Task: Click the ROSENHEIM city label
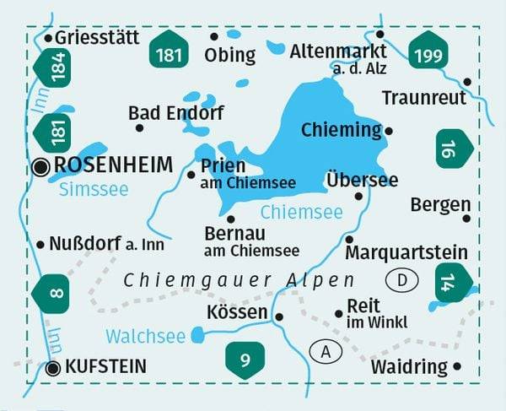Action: click(112, 165)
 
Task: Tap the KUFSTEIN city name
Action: click(105, 367)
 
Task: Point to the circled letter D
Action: click(402, 279)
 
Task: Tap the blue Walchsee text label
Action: click(145, 336)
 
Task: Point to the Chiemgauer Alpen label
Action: click(239, 280)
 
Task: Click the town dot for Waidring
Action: click(458, 366)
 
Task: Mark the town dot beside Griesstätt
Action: click(48, 38)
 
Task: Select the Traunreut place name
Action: click(423, 98)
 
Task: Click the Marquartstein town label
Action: click(406, 251)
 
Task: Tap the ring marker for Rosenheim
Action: click(40, 166)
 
